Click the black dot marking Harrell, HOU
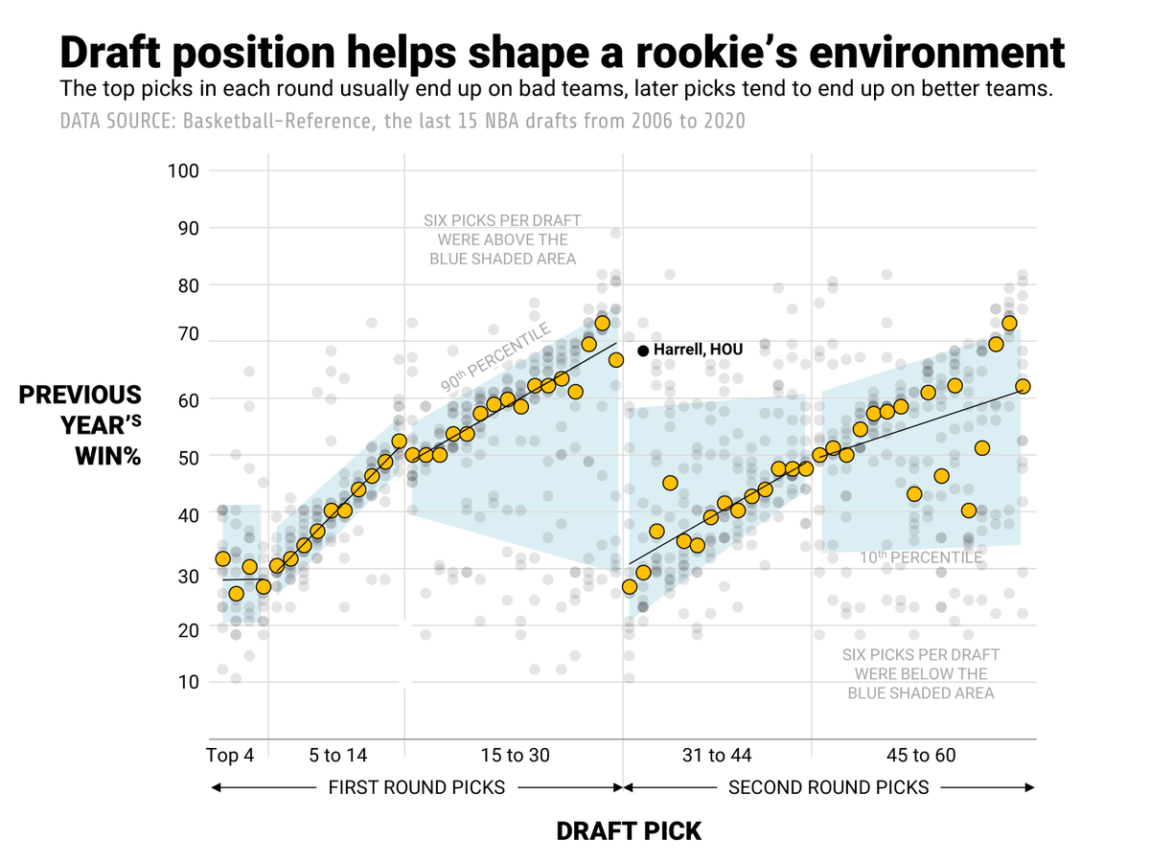point(643,351)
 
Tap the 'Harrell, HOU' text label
point(698,350)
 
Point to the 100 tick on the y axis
point(182,170)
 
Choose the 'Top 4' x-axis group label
point(230,756)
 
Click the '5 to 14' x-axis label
point(337,756)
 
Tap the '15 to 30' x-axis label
point(516,756)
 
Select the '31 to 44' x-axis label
point(717,756)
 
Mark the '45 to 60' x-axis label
point(922,756)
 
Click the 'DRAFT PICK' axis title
point(629,831)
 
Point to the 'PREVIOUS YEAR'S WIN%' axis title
point(80,425)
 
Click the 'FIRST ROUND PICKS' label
point(417,788)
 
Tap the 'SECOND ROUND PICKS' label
point(829,788)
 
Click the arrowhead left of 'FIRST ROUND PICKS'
point(216,788)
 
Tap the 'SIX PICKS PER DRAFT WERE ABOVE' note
point(502,239)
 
